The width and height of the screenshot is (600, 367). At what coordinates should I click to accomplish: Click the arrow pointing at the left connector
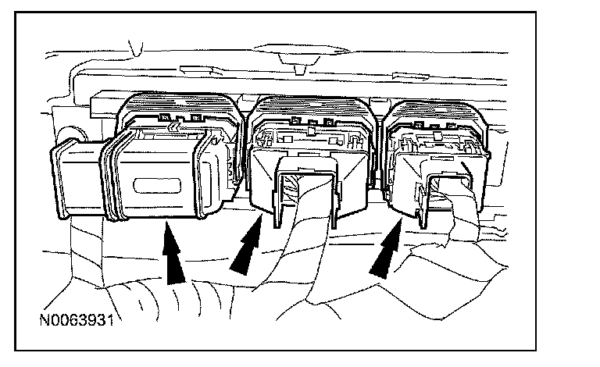tap(173, 251)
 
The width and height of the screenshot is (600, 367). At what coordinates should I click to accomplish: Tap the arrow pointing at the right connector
tap(385, 248)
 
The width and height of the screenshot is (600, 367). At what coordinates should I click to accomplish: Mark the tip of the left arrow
tap(166, 225)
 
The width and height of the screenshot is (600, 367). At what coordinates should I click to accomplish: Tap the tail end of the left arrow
tap(178, 280)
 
